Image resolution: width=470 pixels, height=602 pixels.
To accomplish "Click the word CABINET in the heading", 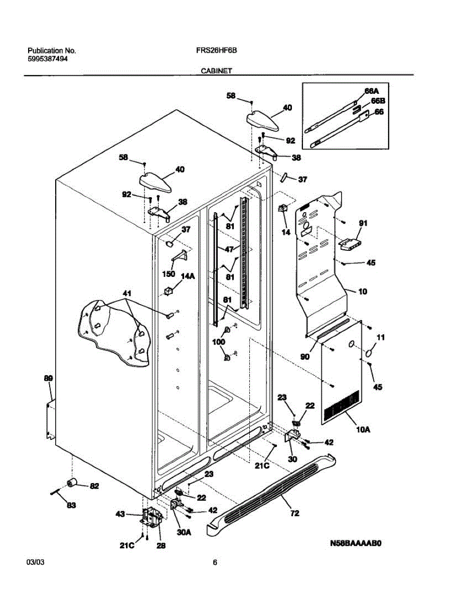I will coord(216,71).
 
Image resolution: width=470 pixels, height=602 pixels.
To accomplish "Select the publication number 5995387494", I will coord(48,58).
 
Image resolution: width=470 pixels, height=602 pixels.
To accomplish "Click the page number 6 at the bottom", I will coord(215,562).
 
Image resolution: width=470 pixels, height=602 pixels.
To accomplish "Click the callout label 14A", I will coord(188,275).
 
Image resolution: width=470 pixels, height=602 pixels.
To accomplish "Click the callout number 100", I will coord(219,342).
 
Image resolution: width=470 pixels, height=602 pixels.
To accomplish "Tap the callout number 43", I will coord(120,514).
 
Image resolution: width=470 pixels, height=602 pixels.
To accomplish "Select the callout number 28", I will coord(161,546).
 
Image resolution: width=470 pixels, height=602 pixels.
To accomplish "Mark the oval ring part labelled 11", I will coord(370,353).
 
